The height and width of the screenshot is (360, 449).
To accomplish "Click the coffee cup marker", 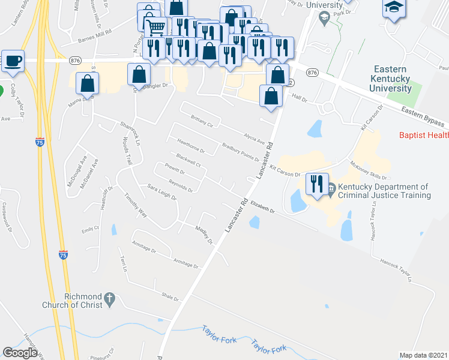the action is click(x=13, y=61).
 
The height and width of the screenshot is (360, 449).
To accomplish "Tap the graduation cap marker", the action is click(x=394, y=8).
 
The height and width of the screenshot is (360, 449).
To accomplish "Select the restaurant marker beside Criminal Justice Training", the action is click(x=317, y=184).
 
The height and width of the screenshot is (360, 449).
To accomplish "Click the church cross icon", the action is click(x=109, y=298).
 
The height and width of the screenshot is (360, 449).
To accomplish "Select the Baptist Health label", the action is click(x=426, y=136).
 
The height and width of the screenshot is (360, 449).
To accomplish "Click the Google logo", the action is click(x=20, y=352).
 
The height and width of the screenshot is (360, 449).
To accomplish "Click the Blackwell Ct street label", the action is click(x=188, y=162).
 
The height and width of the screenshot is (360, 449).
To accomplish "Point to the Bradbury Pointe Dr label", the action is click(x=240, y=152).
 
